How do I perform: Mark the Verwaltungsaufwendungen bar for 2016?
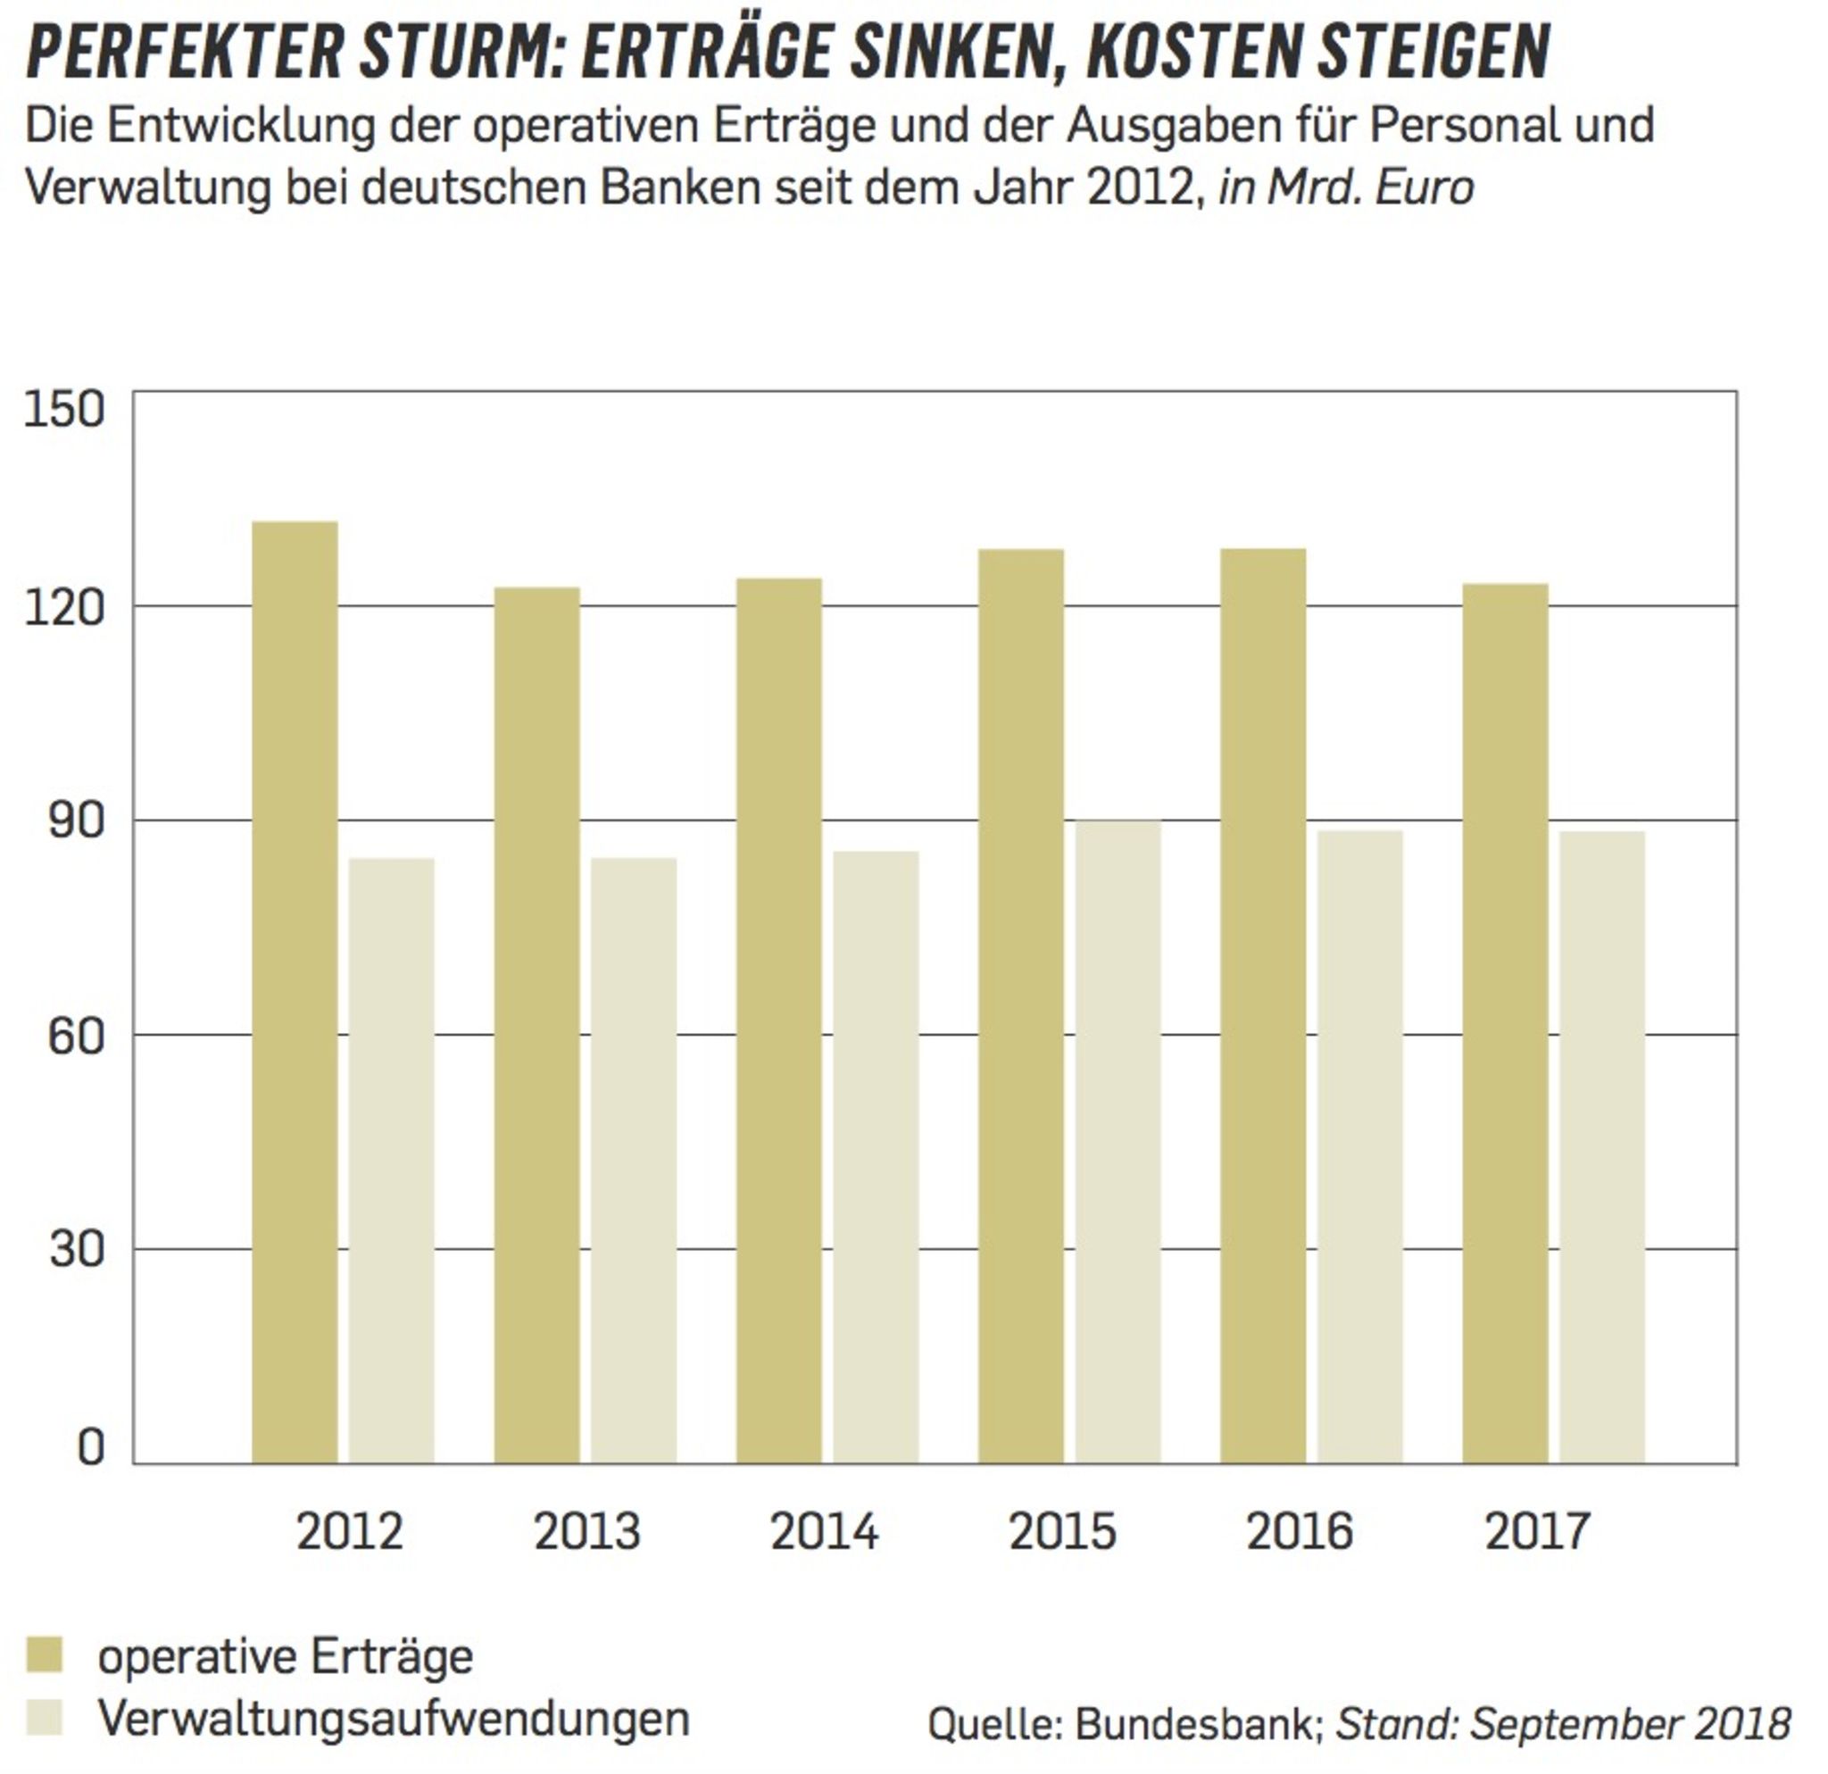pos(1359,1146)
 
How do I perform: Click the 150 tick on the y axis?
pos(63,410)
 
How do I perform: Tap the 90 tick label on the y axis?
pos(76,820)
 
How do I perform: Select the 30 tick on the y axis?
pos(76,1249)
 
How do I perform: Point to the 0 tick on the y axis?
pos(90,1447)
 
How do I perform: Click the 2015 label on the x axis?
pos(1061,1531)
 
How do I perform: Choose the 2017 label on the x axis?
pos(1537,1531)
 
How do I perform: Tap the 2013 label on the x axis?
pos(586,1531)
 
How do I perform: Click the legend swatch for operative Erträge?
pos(44,1654)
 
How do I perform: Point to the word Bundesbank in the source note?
pos(1198,1724)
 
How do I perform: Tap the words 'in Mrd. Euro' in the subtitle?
pos(1346,187)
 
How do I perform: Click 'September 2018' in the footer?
pos(1630,1724)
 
